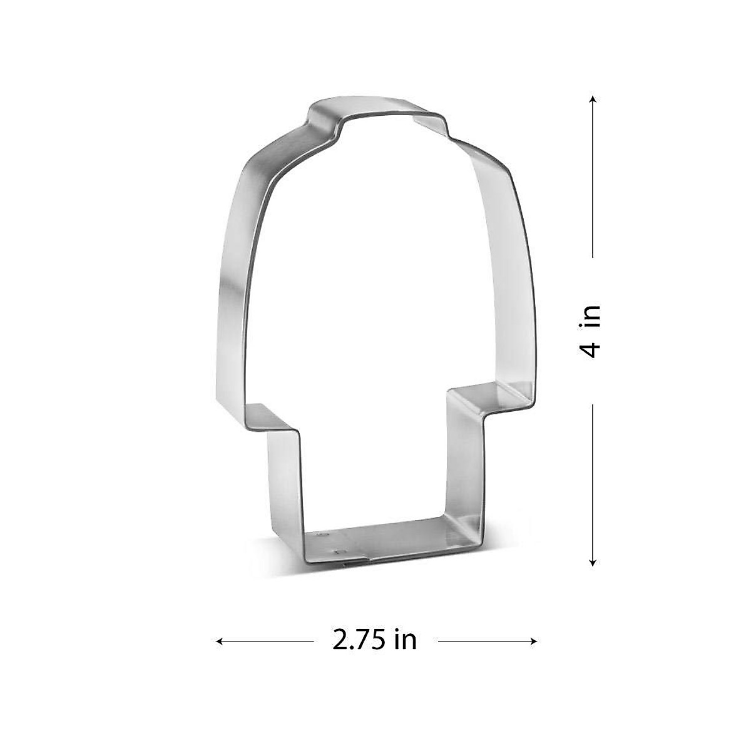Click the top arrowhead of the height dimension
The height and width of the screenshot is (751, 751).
[x=593, y=99]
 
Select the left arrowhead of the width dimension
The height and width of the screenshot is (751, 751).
[x=220, y=641]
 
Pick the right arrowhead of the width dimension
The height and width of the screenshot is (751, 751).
[x=534, y=641]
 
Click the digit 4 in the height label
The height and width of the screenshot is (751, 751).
[x=591, y=348]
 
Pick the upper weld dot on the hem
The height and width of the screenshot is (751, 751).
[x=324, y=535]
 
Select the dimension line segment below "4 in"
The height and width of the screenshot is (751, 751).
[x=593, y=482]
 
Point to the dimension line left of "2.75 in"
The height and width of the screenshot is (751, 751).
[x=266, y=641]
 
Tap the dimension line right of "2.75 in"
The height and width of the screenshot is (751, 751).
[x=485, y=641]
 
